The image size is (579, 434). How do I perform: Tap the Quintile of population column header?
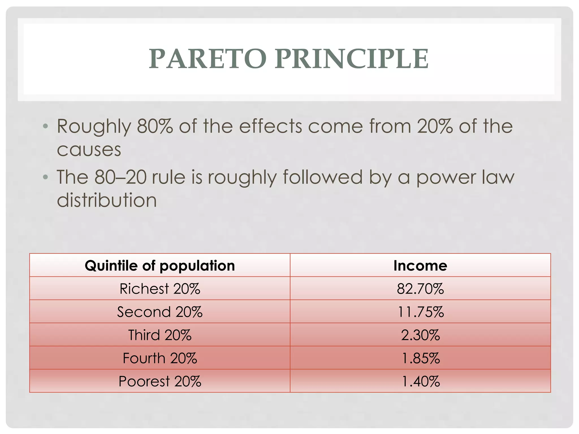pyautogui.click(x=160, y=266)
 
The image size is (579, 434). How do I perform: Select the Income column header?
pyautogui.click(x=420, y=266)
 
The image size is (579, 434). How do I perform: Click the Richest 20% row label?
pyautogui.click(x=160, y=289)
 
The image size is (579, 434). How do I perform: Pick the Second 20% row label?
pyautogui.click(x=160, y=312)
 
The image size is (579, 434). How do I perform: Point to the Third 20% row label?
pyautogui.click(x=160, y=335)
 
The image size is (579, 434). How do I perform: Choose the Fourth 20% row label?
pyautogui.click(x=160, y=358)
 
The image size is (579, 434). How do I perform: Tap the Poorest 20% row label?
pyautogui.click(x=160, y=381)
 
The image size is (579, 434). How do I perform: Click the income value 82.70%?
pyautogui.click(x=420, y=289)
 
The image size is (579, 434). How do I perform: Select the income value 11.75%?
pyautogui.click(x=420, y=312)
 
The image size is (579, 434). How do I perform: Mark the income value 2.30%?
pyautogui.click(x=420, y=335)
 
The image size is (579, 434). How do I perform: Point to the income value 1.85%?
pyautogui.click(x=420, y=358)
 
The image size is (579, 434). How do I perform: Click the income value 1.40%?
pyautogui.click(x=420, y=381)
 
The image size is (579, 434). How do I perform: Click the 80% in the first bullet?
pyautogui.click(x=155, y=126)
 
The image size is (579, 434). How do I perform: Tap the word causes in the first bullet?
pyautogui.click(x=89, y=150)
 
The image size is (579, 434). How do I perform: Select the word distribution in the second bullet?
pyautogui.click(x=107, y=200)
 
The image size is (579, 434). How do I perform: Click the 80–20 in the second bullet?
pyautogui.click(x=120, y=177)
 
